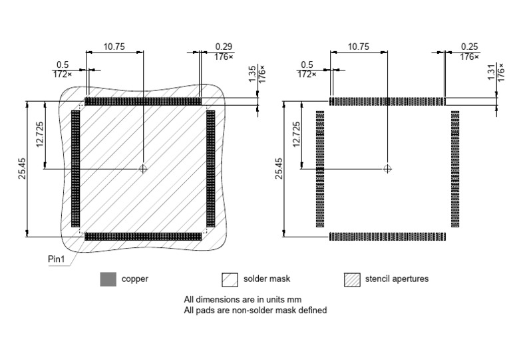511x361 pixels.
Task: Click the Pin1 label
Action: click(58, 259)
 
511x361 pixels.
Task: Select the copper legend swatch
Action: click(108, 279)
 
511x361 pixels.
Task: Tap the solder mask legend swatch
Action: click(230, 279)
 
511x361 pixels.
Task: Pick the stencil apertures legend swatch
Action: click(352, 279)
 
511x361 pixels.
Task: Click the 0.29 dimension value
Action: click(224, 47)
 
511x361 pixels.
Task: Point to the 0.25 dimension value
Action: click(469, 47)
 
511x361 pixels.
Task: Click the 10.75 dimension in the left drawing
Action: click(114, 47)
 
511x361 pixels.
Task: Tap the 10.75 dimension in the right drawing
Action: click(359, 47)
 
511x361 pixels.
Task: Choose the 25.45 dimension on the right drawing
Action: click(279, 168)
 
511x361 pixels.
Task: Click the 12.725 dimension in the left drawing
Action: click(41, 135)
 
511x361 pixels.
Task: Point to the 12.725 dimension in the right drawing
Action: click(297, 135)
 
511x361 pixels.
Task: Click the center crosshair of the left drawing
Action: click(142, 169)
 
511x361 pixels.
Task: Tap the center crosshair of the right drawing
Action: click(388, 169)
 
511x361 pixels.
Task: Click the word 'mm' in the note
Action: click(284, 299)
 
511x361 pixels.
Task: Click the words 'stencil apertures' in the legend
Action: click(397, 279)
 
